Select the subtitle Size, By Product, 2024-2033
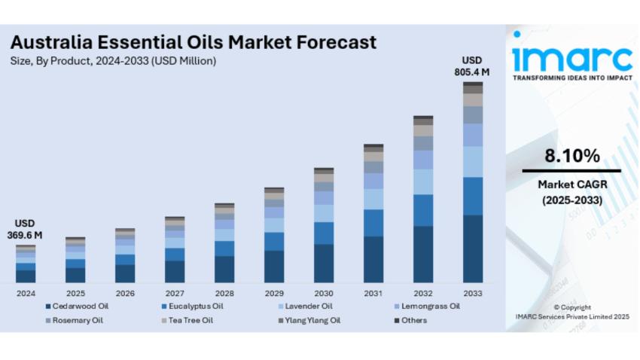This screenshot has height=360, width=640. pyautogui.click(x=113, y=61)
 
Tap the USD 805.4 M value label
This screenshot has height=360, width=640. pyautogui.click(x=472, y=66)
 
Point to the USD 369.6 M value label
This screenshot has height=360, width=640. pyautogui.click(x=26, y=230)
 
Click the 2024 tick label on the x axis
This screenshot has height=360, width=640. pyautogui.click(x=26, y=292)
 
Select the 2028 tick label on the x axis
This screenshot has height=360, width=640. pyautogui.click(x=224, y=292)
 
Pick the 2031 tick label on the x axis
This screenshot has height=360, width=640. pyautogui.click(x=373, y=292)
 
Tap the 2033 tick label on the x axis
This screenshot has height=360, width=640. pyautogui.click(x=473, y=292)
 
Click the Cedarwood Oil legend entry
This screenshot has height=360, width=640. pyautogui.click(x=79, y=306)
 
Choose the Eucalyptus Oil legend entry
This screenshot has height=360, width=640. pyautogui.click(x=195, y=306)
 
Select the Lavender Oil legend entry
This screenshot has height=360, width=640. pyautogui.click(x=309, y=306)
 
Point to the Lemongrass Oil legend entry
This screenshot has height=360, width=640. pyautogui.click(x=428, y=306)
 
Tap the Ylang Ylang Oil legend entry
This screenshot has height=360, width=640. pyautogui.click(x=310, y=320)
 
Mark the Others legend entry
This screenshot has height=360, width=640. pyautogui.click(x=413, y=320)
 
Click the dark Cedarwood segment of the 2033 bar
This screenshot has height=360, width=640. pyautogui.click(x=473, y=249)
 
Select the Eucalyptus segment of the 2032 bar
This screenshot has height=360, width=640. pyautogui.click(x=423, y=210)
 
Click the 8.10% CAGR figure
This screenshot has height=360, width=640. pyautogui.click(x=572, y=157)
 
